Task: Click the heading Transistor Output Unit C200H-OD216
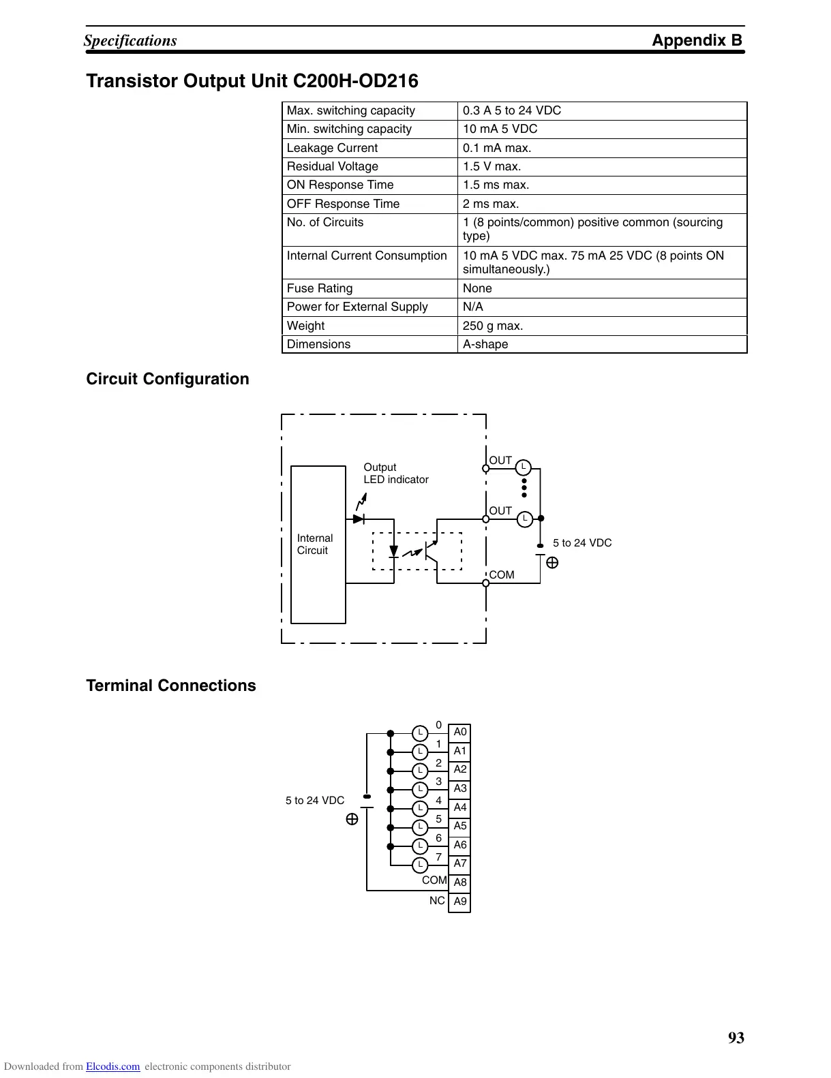(252, 81)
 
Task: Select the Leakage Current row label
(332, 148)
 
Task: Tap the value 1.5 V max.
(492, 166)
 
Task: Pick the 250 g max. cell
(492, 326)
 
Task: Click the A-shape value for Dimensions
(485, 344)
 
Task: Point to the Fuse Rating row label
(320, 288)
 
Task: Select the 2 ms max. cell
(490, 204)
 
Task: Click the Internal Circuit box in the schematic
(318, 544)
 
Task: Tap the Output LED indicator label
(395, 474)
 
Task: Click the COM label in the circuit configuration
(502, 575)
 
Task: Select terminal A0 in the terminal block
(460, 733)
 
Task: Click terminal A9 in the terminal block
(460, 902)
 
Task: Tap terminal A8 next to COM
(460, 882)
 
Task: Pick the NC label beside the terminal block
(437, 901)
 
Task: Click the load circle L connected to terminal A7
(421, 865)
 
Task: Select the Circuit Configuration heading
(168, 380)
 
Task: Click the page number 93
(736, 1038)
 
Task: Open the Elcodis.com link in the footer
(112, 1067)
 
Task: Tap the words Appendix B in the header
(697, 40)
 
